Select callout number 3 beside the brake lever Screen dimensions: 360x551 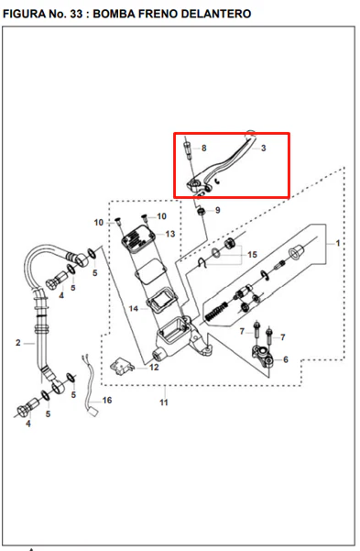264,149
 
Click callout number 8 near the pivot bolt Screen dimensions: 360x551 203,149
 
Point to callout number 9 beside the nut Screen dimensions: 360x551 218,210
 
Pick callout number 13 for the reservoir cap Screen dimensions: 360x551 170,234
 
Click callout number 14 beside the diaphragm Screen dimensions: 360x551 134,309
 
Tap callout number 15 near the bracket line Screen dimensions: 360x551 252,255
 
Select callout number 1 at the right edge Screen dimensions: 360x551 337,243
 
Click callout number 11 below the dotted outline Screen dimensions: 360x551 164,402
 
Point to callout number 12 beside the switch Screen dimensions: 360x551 154,368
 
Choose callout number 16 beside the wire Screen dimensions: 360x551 107,401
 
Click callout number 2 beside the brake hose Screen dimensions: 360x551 18,343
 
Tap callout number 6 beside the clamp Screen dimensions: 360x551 286,359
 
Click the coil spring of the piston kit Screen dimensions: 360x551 215,311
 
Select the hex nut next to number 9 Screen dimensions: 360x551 202,212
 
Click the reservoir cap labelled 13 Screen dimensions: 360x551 138,239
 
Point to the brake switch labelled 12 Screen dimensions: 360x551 122,366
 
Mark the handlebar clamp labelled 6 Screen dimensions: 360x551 262,356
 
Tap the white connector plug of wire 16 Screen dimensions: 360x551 93,412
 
